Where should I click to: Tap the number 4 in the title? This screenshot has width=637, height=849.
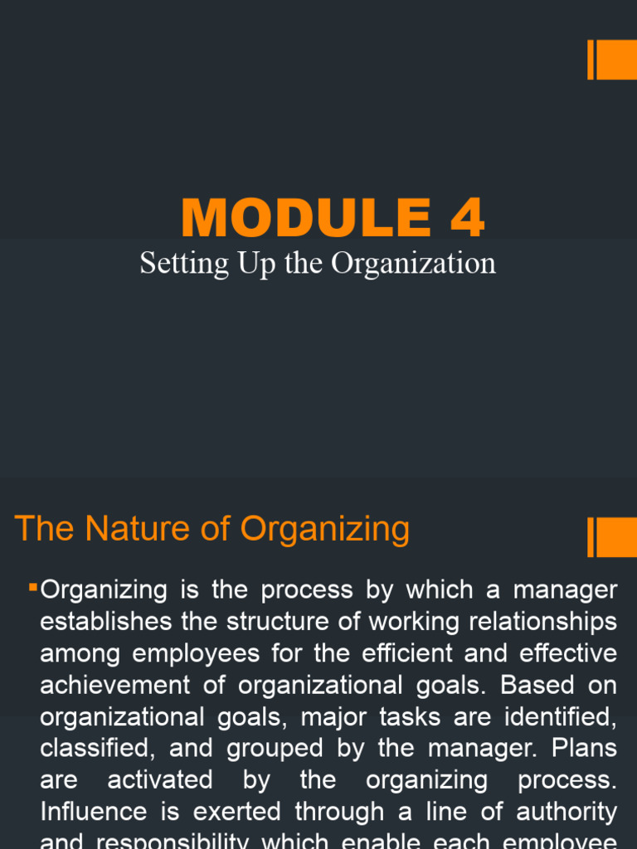467,218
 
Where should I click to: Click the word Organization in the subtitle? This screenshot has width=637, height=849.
413,264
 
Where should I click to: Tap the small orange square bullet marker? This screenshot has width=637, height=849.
33,587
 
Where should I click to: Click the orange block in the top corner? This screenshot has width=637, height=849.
615,60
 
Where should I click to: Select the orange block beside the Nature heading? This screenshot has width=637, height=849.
615,537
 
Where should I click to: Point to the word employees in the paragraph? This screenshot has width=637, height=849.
196,653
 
